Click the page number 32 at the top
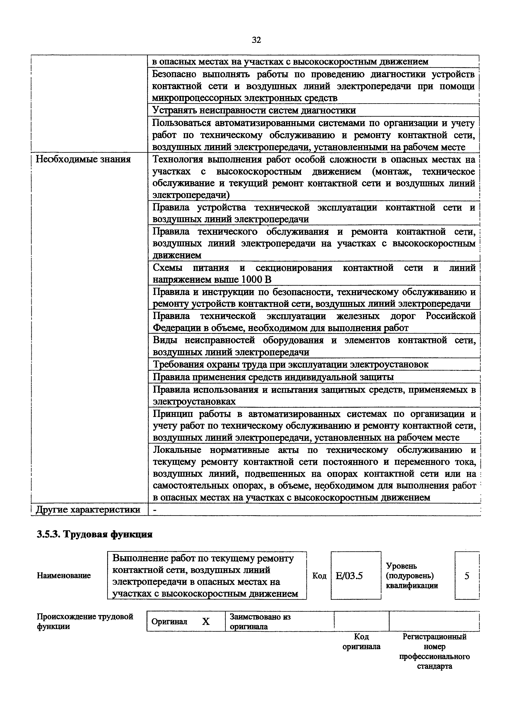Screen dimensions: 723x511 256,40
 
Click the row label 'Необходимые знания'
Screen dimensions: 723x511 83,159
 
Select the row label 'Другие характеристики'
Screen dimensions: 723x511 88,509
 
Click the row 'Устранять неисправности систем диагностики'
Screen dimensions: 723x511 254,110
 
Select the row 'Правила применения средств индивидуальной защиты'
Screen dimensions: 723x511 273,377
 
